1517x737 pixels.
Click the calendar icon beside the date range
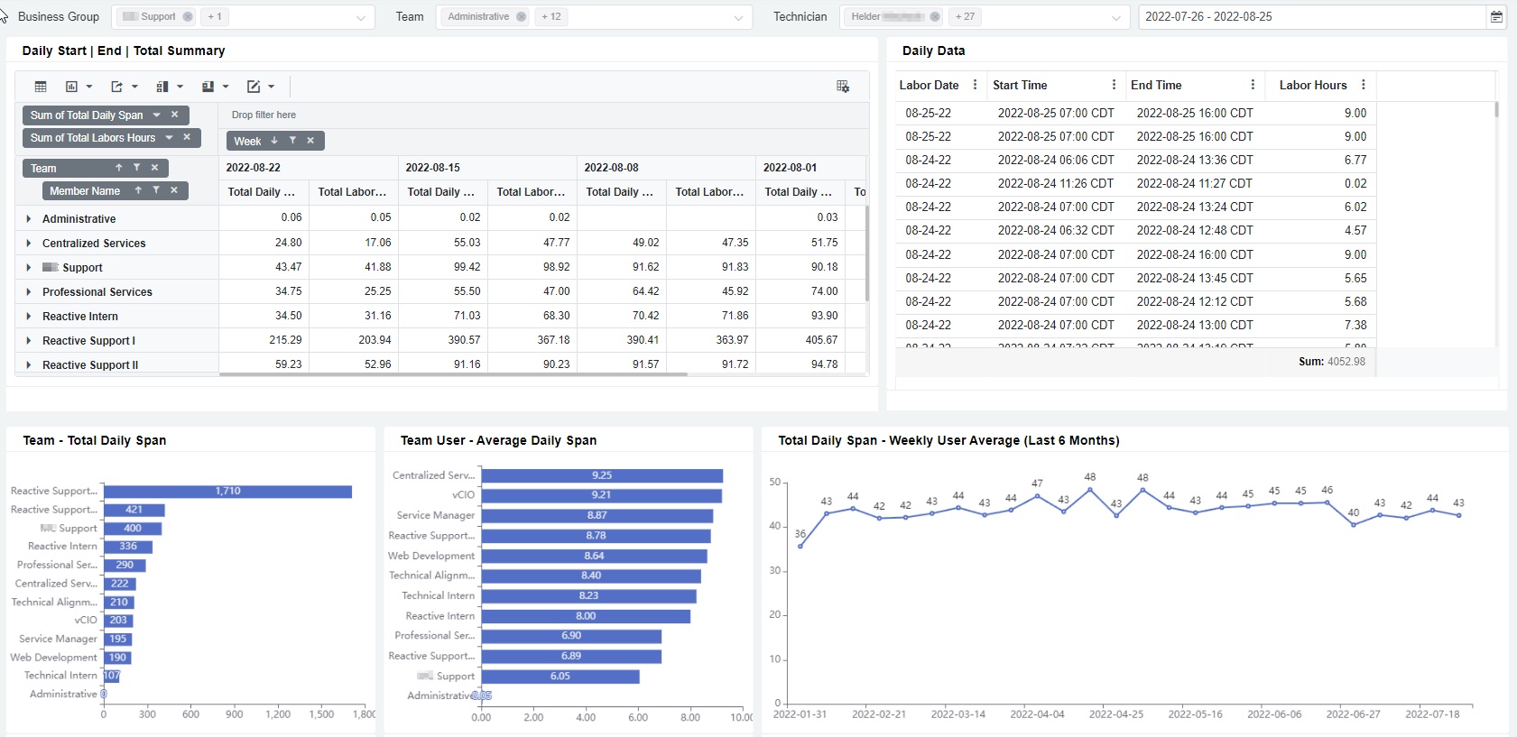tap(1496, 16)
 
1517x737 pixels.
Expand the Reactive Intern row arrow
tap(29, 317)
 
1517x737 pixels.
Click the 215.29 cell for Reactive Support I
tap(285, 340)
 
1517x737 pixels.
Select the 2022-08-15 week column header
tap(433, 168)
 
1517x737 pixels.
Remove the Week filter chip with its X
tap(310, 141)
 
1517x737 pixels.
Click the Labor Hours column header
tap(1312, 85)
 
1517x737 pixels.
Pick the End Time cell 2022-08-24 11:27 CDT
tap(1194, 183)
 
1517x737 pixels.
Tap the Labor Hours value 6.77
tap(1355, 160)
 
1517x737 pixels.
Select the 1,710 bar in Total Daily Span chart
tap(227, 492)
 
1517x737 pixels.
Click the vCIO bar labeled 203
tap(118, 621)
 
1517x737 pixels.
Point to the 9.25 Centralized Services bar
tap(602, 475)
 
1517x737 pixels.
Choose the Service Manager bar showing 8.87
tap(597, 516)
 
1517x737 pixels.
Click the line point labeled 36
tap(800, 546)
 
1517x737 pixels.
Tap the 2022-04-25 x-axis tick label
tap(1115, 714)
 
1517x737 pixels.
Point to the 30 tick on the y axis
tap(774, 570)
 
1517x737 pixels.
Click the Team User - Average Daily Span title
tap(498, 440)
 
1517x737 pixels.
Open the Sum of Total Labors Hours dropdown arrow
tap(169, 138)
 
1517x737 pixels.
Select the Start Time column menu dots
tap(1114, 85)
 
